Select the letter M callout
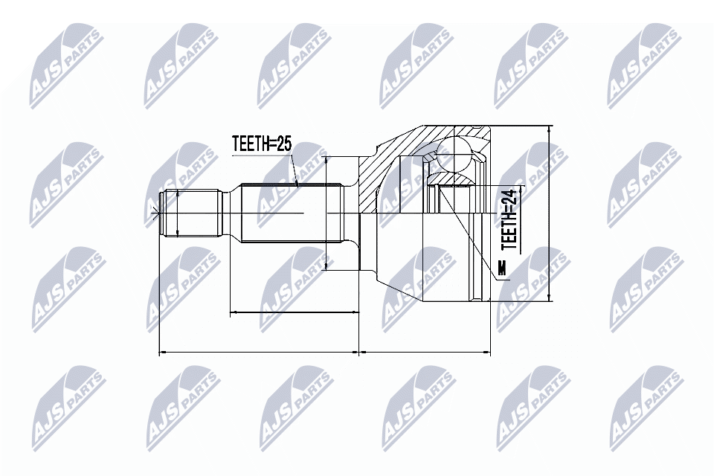[502, 268]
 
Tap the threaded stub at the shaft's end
[191, 213]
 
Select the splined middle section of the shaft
[292, 213]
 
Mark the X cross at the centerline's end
[155, 213]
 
